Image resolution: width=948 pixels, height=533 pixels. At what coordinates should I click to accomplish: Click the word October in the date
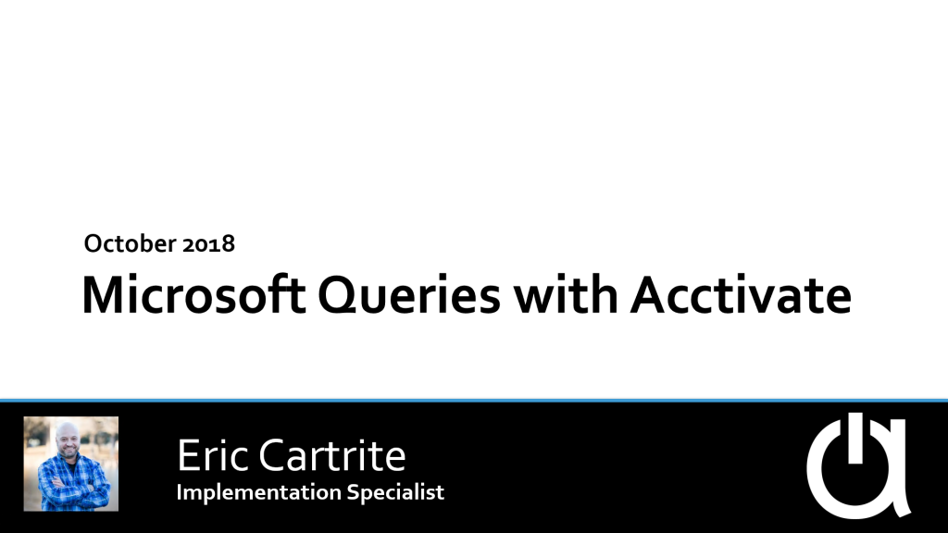[130, 243]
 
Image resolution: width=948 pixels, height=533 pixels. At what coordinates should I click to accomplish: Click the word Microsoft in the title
[193, 295]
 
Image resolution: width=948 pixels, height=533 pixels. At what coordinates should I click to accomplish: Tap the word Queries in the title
[409, 297]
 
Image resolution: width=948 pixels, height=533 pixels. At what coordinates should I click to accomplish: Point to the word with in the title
[566, 295]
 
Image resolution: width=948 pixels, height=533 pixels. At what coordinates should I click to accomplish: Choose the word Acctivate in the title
[742, 295]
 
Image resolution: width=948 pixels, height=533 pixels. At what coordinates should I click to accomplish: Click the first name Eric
[213, 455]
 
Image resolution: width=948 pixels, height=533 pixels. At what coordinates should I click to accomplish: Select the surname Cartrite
[332, 455]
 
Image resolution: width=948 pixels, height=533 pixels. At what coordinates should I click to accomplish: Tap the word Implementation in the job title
[258, 492]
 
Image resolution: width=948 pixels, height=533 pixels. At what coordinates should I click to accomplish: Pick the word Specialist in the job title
[395, 491]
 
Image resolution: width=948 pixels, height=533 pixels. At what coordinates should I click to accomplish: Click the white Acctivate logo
[858, 465]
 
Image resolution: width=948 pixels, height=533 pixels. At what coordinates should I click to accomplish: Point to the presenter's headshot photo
[71, 464]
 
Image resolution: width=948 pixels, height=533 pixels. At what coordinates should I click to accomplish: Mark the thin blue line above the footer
[474, 400]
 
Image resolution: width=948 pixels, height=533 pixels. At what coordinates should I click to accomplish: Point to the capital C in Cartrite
[272, 455]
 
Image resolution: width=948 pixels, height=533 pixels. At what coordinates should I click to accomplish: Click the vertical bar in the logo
[854, 438]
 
